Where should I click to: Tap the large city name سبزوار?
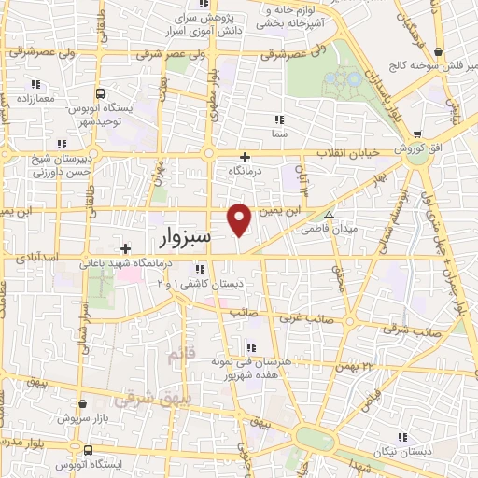pos(178,239)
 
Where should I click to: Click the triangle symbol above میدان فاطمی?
pos(327,214)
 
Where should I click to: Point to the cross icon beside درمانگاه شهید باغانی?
pos(126,247)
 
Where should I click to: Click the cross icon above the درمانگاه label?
pos(246,157)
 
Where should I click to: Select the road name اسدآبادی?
pos(38,256)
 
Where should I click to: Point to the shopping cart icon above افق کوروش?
pos(416,133)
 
